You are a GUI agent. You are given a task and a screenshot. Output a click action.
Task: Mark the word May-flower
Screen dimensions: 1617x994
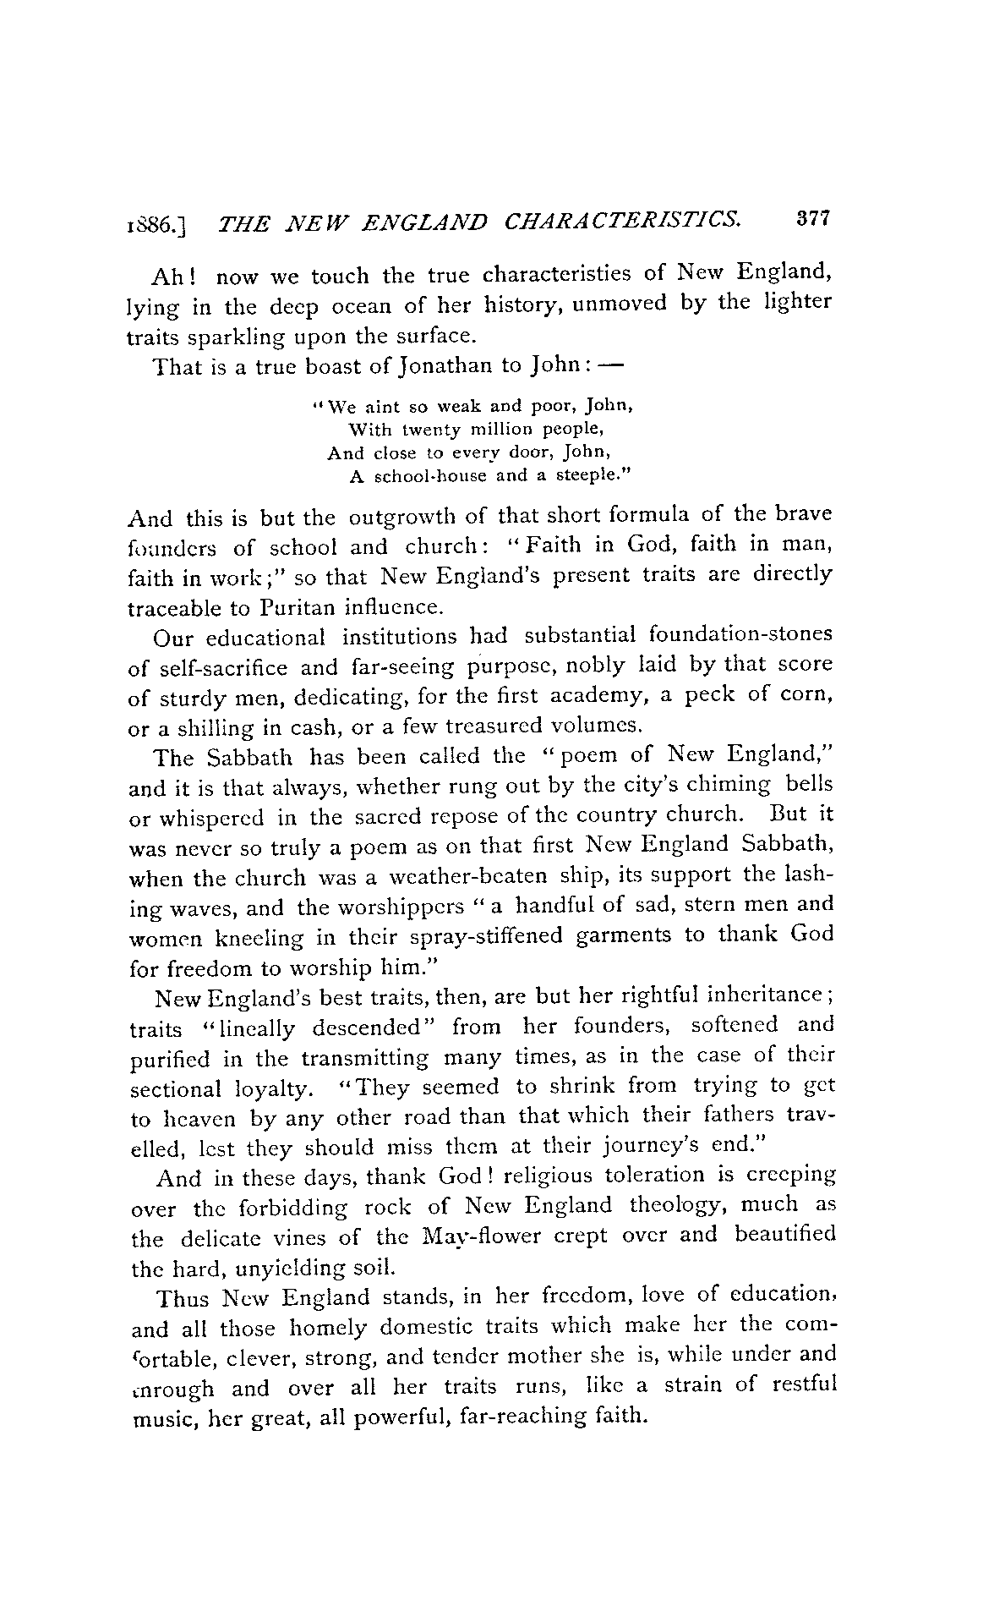(494, 1236)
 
